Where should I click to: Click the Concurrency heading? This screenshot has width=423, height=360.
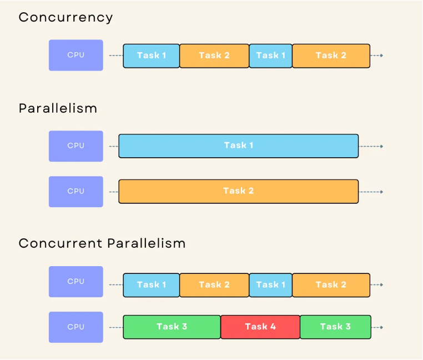pyautogui.click(x=66, y=18)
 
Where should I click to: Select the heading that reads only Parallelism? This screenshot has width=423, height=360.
pyautogui.click(x=58, y=108)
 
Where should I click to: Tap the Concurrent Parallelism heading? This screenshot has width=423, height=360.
pyautogui.click(x=102, y=243)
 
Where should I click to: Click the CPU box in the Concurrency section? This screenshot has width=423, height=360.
pyautogui.click(x=76, y=55)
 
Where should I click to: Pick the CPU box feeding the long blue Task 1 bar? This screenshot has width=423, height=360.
pyautogui.click(x=76, y=146)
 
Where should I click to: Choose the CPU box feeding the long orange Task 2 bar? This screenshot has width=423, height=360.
pyautogui.click(x=76, y=192)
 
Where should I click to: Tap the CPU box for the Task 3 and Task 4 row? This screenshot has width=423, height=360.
pyautogui.click(x=76, y=327)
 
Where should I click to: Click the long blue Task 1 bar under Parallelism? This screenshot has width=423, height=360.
pyautogui.click(x=239, y=146)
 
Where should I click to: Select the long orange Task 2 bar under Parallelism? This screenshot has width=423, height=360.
pyautogui.click(x=239, y=191)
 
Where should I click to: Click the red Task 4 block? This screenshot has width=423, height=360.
pyautogui.click(x=260, y=327)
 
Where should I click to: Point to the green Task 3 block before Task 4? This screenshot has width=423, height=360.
pyautogui.click(x=172, y=327)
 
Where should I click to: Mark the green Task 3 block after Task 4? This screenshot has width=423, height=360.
pyautogui.click(x=335, y=327)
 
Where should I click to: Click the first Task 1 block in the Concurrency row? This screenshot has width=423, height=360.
pyautogui.click(x=152, y=56)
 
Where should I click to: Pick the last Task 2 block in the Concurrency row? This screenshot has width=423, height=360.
pyautogui.click(x=331, y=56)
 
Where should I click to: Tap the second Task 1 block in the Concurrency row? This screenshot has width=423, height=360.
pyautogui.click(x=270, y=56)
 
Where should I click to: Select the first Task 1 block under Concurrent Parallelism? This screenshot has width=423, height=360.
pyautogui.click(x=152, y=285)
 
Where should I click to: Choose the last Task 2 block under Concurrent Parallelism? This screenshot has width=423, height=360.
pyautogui.click(x=331, y=285)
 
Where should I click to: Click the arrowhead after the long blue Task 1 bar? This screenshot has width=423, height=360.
pyautogui.click(x=381, y=146)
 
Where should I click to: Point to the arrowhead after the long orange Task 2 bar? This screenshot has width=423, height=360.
pyautogui.click(x=381, y=192)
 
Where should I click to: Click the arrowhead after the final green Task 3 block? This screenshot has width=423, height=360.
pyautogui.click(x=381, y=327)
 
